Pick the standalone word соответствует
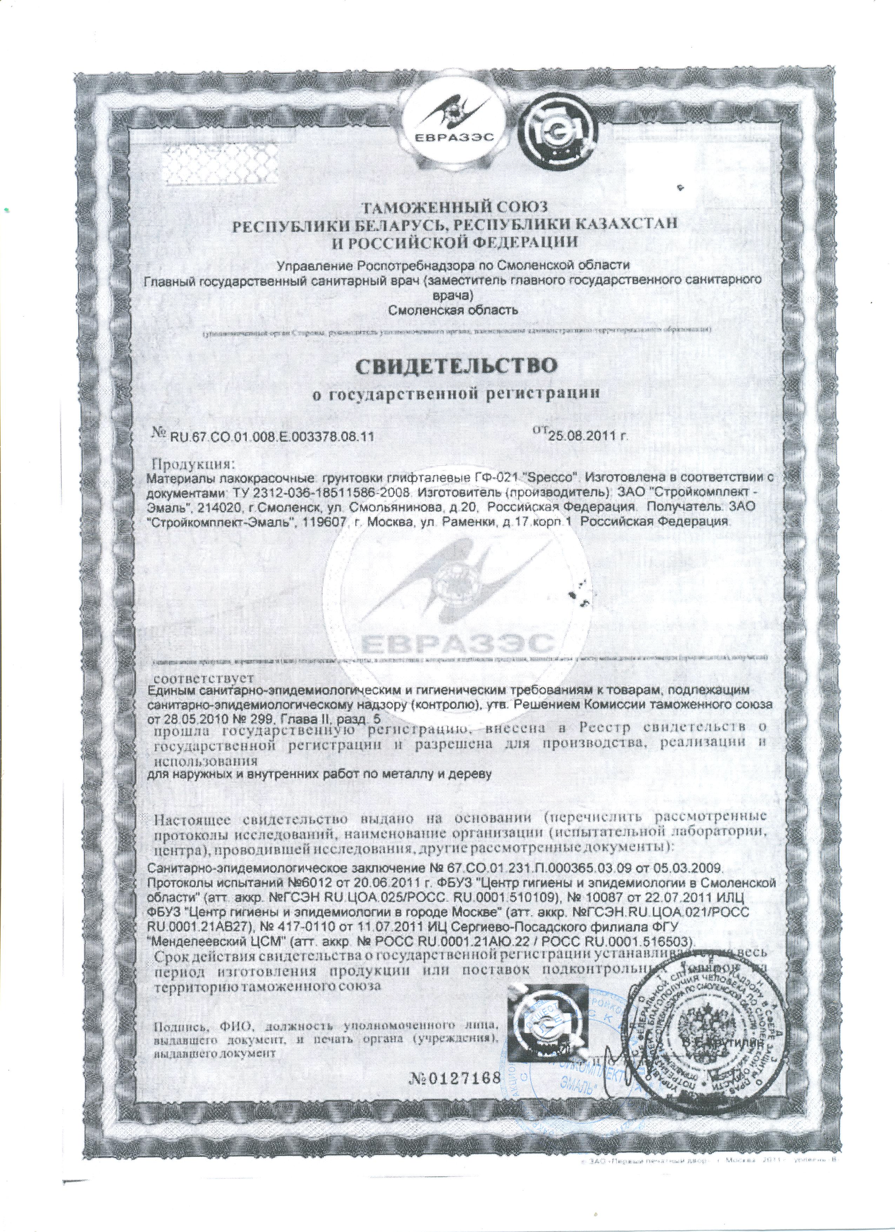point(201,679)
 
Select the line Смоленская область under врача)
point(455,311)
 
